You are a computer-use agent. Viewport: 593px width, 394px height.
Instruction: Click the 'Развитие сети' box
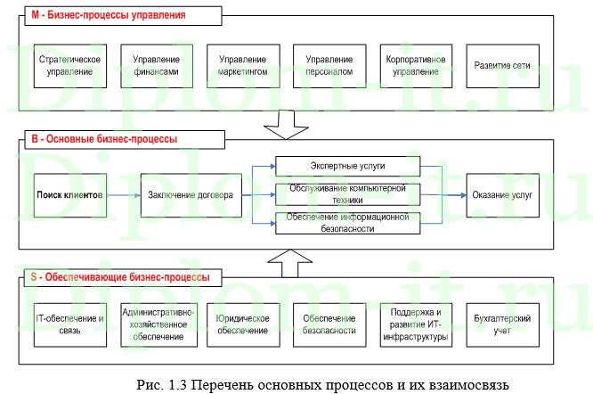pyautogui.click(x=501, y=65)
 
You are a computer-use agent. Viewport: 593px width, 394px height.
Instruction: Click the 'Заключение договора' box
pyautogui.click(x=191, y=195)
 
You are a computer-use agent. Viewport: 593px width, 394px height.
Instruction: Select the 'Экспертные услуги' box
pyautogui.click(x=346, y=166)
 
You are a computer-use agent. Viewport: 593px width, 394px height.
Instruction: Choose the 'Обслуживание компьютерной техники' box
pyautogui.click(x=346, y=194)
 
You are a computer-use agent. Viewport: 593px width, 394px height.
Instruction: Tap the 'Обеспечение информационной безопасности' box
pyautogui.click(x=346, y=223)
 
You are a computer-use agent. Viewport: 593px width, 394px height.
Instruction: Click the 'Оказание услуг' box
pyautogui.click(x=501, y=195)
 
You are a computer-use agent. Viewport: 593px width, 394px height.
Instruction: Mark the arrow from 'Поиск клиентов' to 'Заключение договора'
pyautogui.click(x=123, y=195)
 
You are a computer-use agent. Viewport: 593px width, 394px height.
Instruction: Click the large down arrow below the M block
pyautogui.click(x=286, y=123)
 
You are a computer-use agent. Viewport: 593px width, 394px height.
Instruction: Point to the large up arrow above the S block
pyautogui.click(x=286, y=262)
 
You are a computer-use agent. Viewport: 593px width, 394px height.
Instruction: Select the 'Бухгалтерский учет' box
pyautogui.click(x=501, y=324)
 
